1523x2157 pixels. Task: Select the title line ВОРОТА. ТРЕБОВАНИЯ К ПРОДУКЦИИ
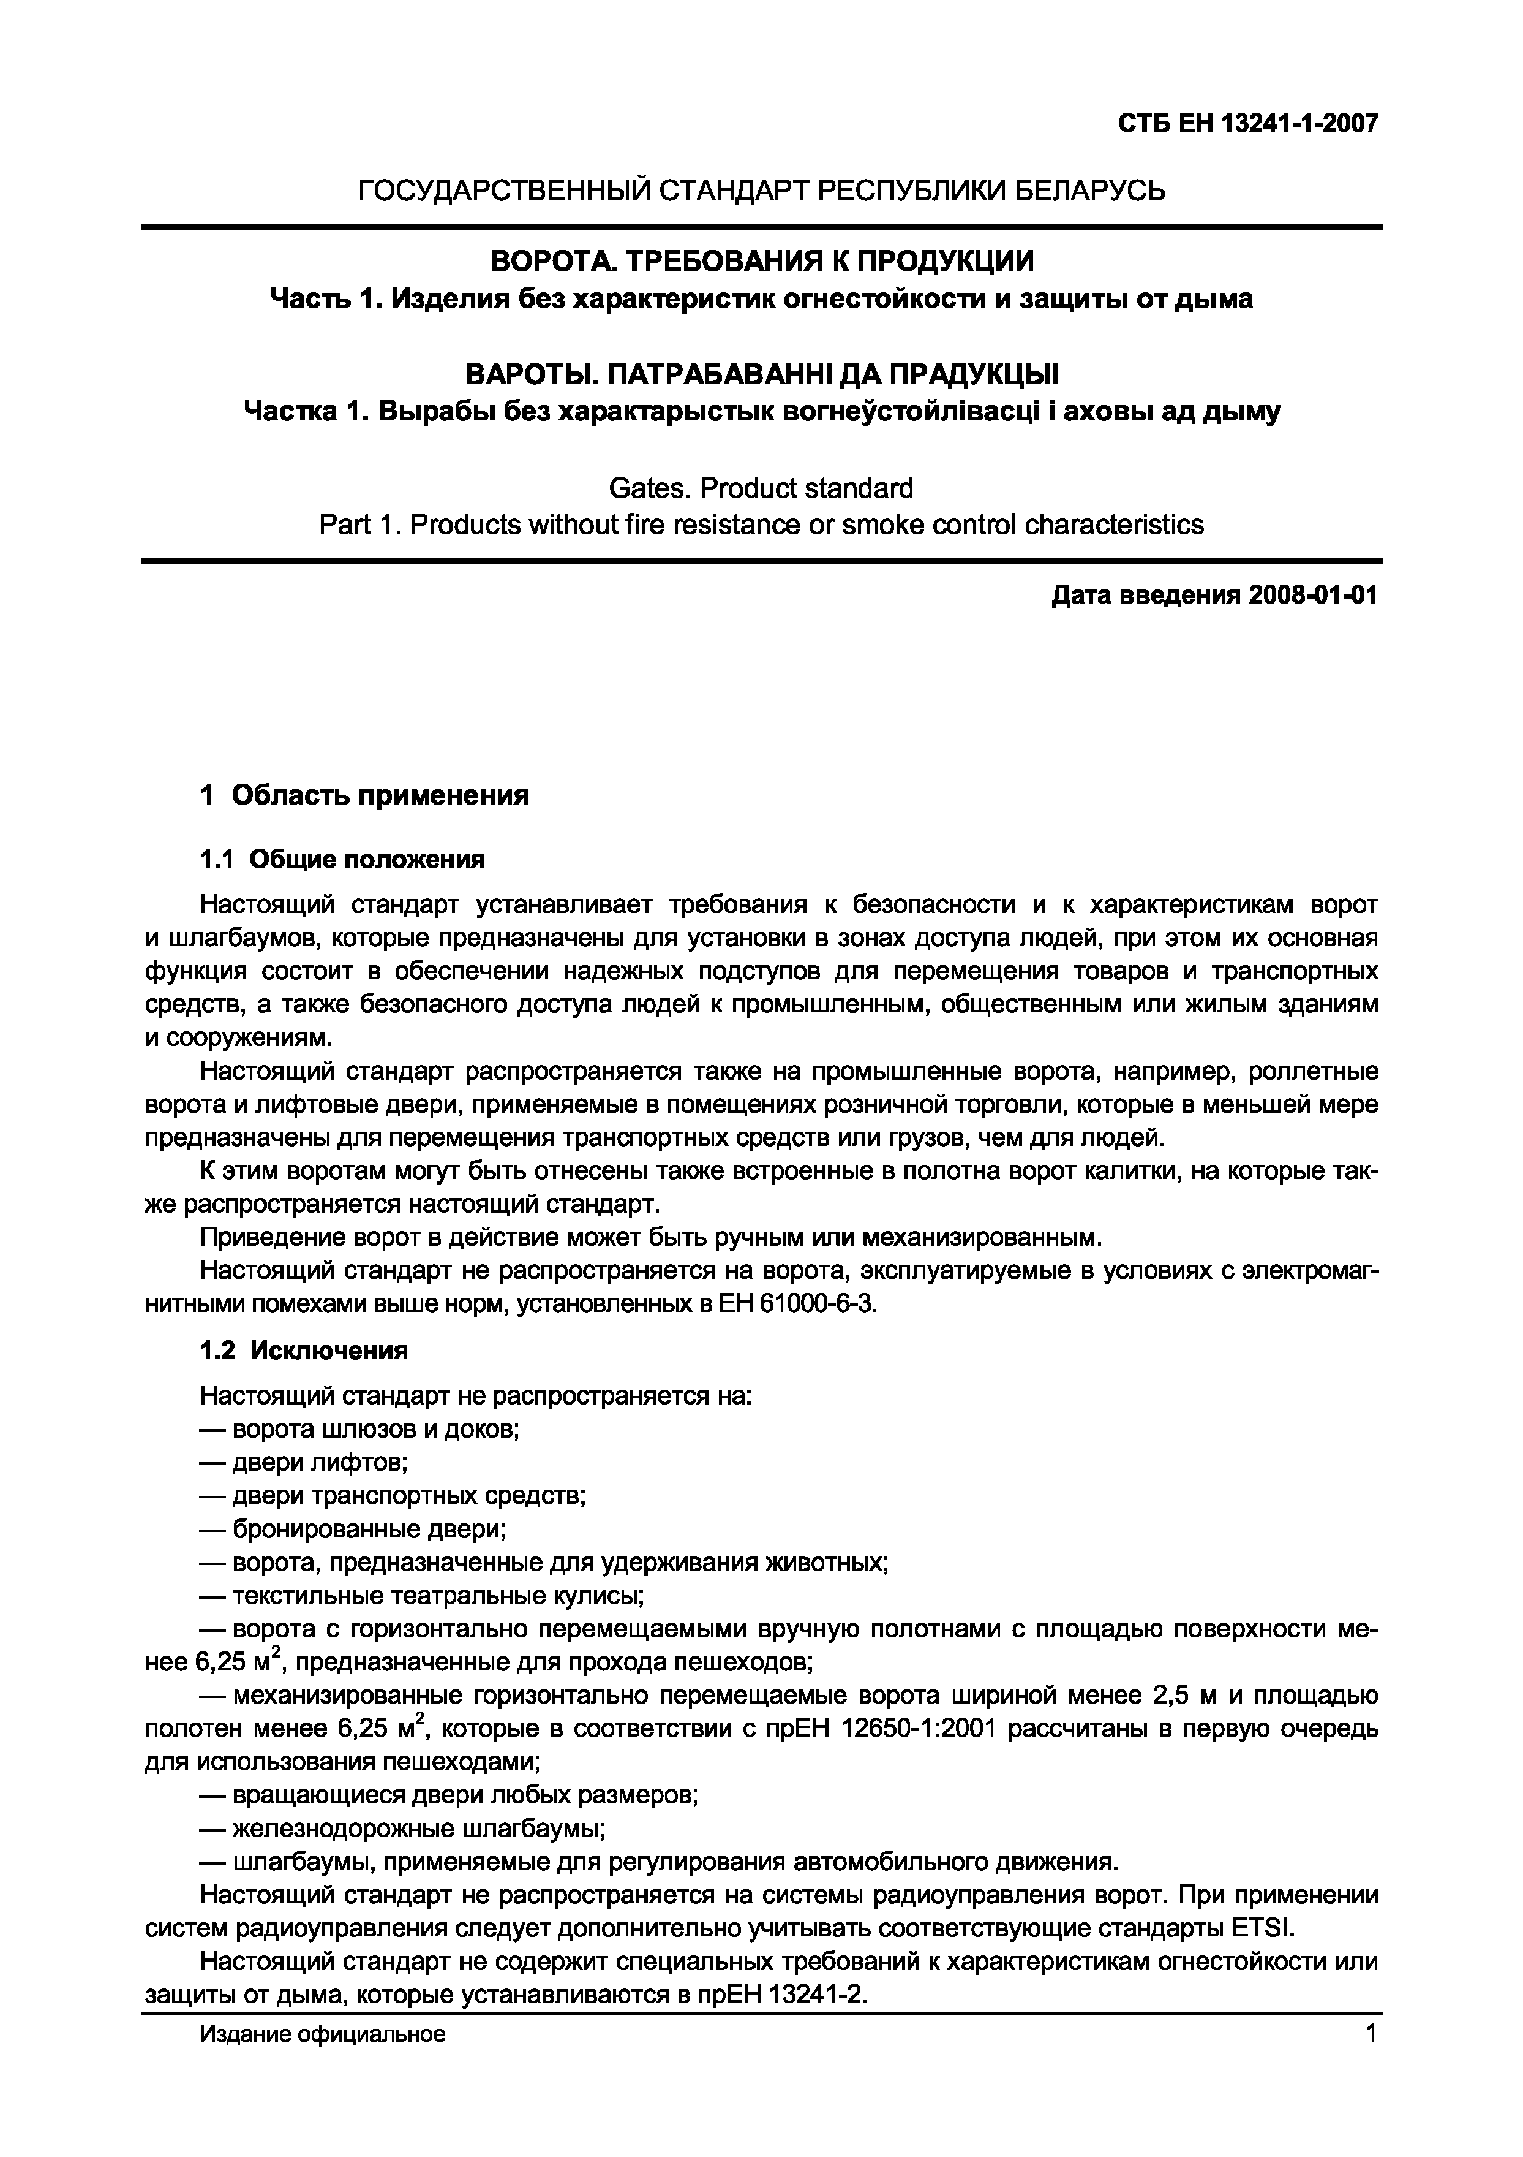[x=762, y=260]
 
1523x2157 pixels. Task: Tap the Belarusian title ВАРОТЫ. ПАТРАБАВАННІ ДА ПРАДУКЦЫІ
[x=762, y=375]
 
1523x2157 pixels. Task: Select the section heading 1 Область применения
[x=364, y=796]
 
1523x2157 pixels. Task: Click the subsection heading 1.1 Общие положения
[x=343, y=860]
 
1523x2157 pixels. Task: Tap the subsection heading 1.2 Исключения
[x=304, y=1351]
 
